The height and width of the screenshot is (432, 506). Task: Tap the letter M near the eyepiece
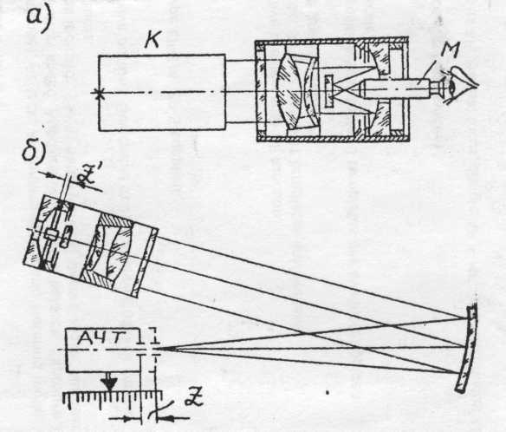pos(451,50)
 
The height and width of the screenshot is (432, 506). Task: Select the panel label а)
pos(39,19)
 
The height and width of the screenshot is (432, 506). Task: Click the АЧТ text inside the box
pos(103,338)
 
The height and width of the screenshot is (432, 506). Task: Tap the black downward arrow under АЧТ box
pos(110,383)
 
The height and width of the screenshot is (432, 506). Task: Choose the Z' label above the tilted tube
pos(87,180)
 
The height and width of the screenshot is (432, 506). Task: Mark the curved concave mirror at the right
pos(467,348)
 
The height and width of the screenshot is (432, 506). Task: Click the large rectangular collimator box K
pos(162,93)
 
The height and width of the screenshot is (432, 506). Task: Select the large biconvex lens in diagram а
pos(289,92)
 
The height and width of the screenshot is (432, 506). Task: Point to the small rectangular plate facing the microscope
pos(329,91)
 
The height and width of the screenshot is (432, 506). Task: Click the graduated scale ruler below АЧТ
pos(111,398)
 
